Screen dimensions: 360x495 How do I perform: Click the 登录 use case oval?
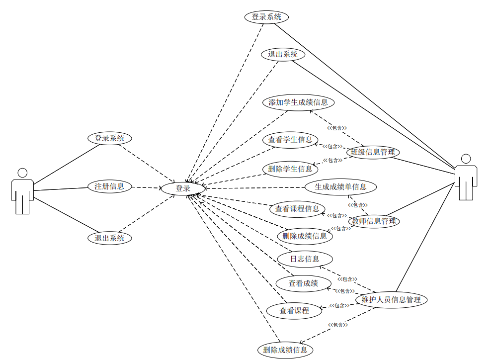[183, 188]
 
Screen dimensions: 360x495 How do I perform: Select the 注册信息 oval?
[109, 187]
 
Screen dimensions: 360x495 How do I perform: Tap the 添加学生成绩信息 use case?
[298, 103]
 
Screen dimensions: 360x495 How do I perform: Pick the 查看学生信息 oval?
[290, 140]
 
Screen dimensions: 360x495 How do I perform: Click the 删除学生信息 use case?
[290, 169]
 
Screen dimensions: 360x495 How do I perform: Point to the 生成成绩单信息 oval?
[341, 187]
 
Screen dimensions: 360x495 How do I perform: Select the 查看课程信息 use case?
[297, 209]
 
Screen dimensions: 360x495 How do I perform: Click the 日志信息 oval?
[305, 259]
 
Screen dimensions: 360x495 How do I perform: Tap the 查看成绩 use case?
[303, 283]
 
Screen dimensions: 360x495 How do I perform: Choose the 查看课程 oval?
[294, 311]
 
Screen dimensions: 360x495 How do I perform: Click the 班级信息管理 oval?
[373, 152]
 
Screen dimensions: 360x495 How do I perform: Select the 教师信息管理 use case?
[373, 221]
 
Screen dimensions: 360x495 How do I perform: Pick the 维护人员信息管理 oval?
[391, 300]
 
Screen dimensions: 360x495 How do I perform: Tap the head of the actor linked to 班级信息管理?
[466, 159]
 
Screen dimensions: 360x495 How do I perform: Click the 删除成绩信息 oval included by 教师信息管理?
[305, 236]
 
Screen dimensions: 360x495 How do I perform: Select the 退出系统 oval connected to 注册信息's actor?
[110, 238]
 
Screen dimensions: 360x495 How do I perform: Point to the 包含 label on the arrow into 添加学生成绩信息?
[336, 128]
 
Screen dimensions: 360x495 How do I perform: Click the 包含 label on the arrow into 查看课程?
[339, 306]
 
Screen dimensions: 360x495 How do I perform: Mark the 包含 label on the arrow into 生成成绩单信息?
[357, 204]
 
